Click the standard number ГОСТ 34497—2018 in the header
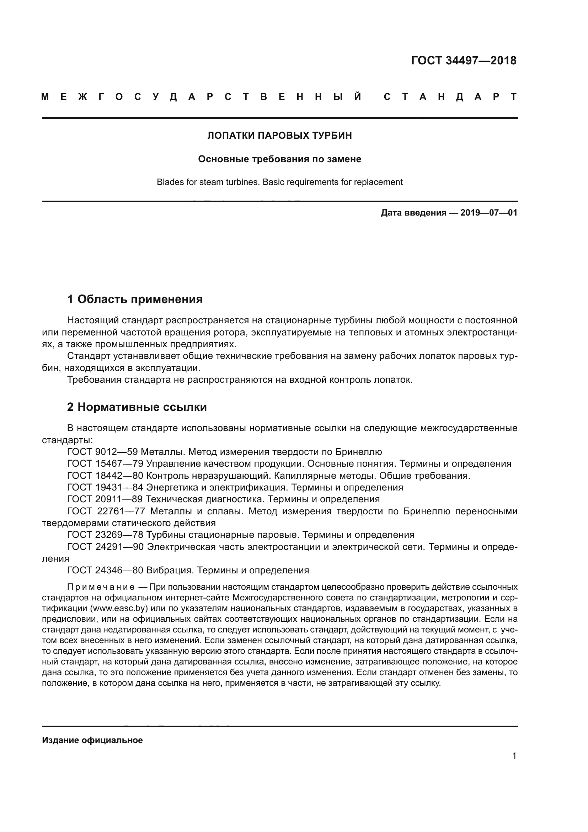click(x=464, y=60)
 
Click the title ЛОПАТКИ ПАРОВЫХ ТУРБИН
click(x=279, y=136)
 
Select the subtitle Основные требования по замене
click(x=279, y=159)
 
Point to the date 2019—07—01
click(x=488, y=213)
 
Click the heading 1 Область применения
click(x=135, y=299)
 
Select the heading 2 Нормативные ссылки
click(x=137, y=407)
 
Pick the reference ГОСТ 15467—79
click(x=105, y=463)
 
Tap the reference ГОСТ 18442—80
click(x=105, y=476)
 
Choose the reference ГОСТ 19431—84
click(x=105, y=487)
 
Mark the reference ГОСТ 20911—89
click(x=105, y=499)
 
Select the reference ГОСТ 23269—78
click(x=105, y=535)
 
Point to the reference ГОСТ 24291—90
click(x=106, y=546)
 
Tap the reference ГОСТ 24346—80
click(x=105, y=570)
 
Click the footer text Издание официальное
click(x=92, y=740)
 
